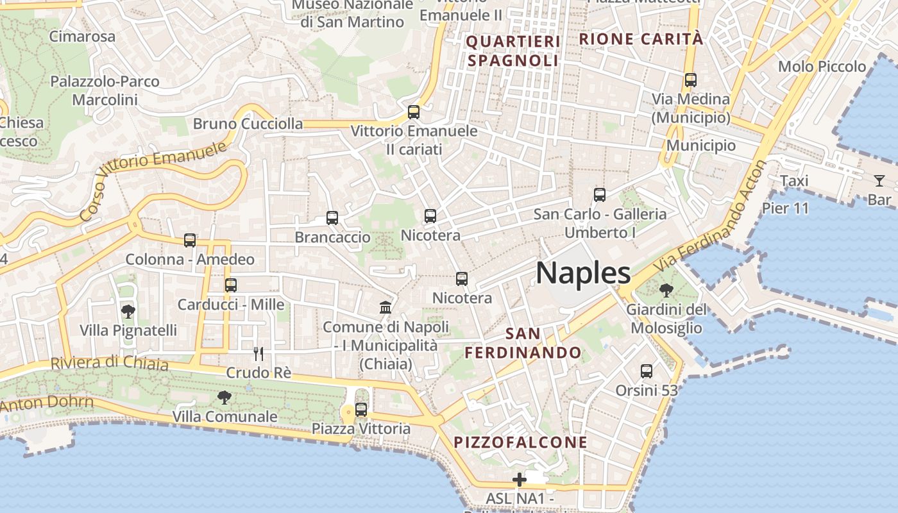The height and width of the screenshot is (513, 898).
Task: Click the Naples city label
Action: click(583, 273)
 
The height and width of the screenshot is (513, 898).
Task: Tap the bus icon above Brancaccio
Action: click(332, 218)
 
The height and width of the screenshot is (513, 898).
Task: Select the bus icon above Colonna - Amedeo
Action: click(190, 240)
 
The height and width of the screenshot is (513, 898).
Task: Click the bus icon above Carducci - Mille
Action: click(231, 285)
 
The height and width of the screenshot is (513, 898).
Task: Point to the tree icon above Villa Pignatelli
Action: click(128, 312)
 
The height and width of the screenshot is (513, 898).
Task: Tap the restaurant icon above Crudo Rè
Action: click(258, 353)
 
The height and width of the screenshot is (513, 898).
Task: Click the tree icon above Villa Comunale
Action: click(224, 398)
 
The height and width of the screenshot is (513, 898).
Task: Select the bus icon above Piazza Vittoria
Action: click(361, 410)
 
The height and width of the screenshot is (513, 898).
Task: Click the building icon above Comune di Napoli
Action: click(385, 308)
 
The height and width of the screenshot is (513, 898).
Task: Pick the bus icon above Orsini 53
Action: click(647, 371)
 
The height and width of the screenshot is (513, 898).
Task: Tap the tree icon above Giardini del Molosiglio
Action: click(666, 290)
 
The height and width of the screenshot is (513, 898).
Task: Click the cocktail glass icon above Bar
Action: click(879, 181)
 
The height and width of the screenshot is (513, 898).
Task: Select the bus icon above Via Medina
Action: click(691, 80)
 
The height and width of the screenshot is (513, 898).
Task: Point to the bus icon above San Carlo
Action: click(600, 195)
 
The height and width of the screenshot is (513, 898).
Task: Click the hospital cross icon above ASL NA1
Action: click(519, 480)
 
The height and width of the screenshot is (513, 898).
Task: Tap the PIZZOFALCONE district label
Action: click(520, 442)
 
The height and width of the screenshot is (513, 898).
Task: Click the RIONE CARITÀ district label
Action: click(641, 39)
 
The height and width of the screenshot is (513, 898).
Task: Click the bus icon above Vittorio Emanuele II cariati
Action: click(414, 112)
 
